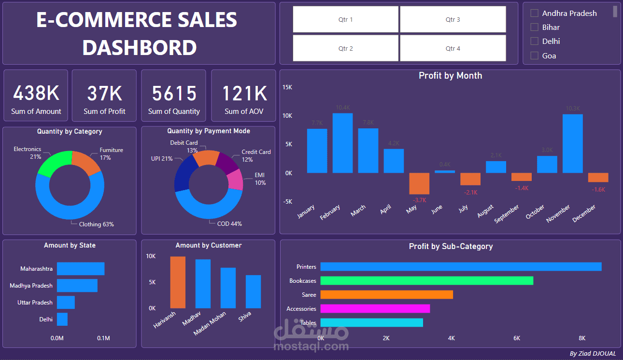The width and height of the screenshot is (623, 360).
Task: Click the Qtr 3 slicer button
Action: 453,20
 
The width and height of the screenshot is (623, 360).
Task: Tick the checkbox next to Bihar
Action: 535,28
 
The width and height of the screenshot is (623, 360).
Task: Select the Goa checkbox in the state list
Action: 535,55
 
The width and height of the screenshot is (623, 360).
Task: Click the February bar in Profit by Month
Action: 342,143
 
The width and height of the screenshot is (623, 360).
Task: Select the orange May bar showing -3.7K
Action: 419,183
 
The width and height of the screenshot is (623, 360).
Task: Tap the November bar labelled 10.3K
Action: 573,143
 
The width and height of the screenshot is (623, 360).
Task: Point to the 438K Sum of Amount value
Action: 36,93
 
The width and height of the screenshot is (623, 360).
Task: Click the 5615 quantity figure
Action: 174,93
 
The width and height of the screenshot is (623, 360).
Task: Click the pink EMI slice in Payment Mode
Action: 235,180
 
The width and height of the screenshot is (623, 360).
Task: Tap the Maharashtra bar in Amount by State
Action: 80,269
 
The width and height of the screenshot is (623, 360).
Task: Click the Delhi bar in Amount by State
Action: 62,319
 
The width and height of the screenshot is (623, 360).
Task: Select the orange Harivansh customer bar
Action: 178,282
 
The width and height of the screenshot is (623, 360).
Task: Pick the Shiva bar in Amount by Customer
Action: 253,291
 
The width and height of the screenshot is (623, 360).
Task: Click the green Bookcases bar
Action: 426,280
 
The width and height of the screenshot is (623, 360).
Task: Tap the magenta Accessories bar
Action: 375,308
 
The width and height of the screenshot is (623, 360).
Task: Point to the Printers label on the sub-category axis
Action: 306,267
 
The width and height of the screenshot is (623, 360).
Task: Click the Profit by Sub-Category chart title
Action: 450,247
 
